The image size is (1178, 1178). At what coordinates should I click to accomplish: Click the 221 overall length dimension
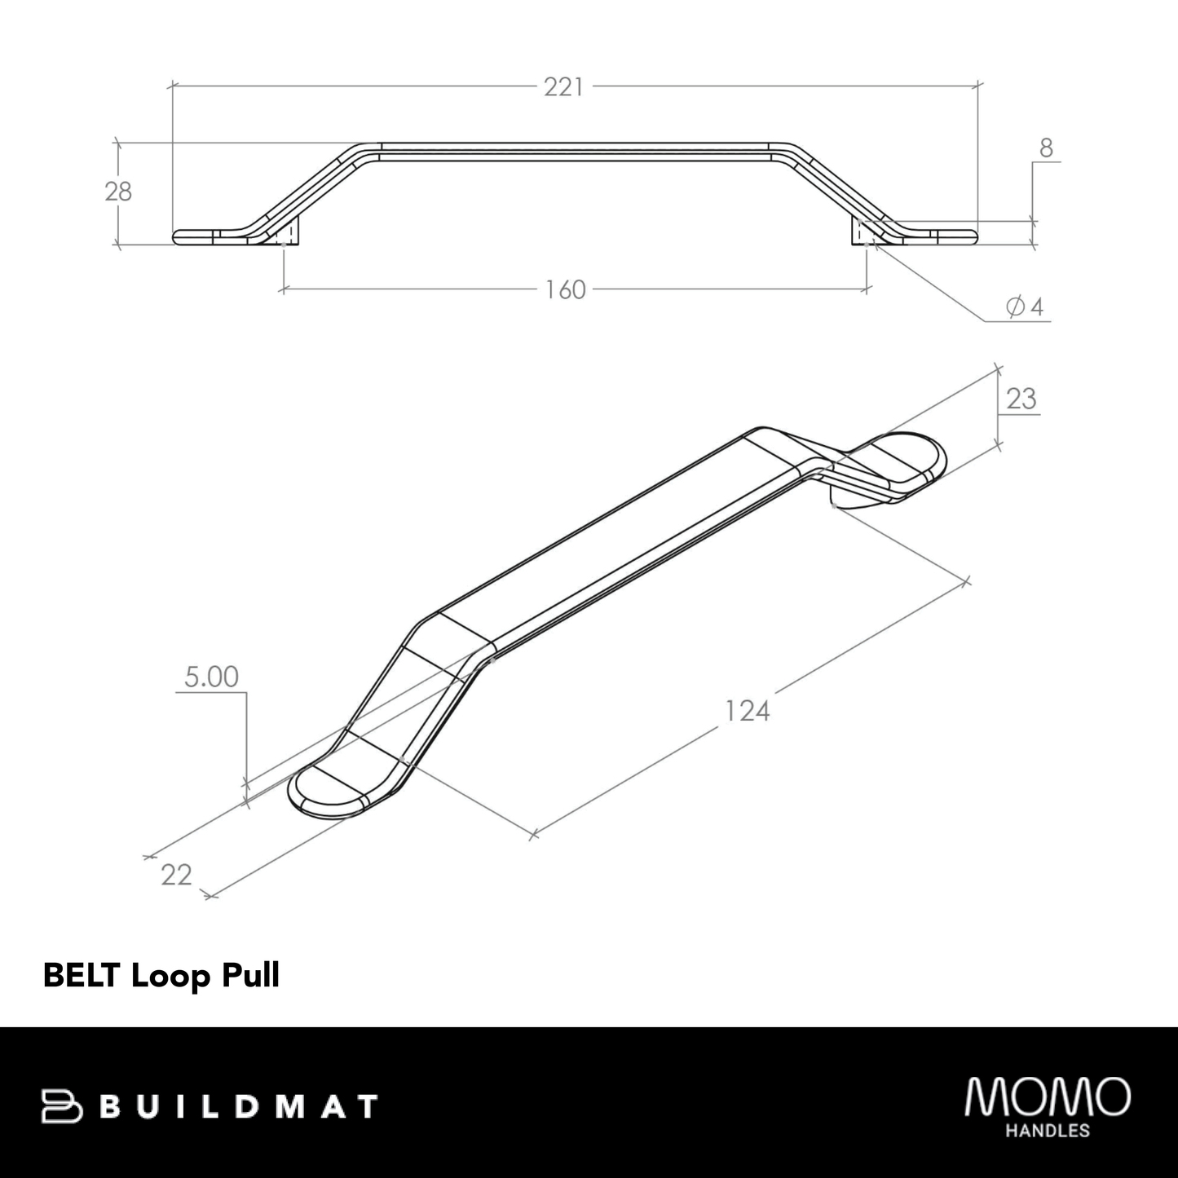(564, 86)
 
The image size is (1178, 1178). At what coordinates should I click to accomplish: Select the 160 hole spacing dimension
(566, 289)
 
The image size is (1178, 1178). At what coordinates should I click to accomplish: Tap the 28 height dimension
(118, 192)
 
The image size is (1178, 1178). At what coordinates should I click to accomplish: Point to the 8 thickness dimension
(1046, 148)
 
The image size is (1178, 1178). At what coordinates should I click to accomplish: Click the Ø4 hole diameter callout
(1025, 307)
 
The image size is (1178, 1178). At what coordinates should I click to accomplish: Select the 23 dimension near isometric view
(1021, 399)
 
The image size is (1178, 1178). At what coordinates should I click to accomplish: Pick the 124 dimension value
(747, 711)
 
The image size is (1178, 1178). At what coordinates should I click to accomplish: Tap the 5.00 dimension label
(211, 677)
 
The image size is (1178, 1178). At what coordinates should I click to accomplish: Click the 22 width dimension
(176, 875)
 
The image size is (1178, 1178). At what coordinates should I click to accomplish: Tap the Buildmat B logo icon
(62, 1106)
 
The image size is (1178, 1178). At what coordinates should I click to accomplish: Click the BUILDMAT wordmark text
(243, 1106)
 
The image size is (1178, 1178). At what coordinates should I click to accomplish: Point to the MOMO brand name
(1048, 1096)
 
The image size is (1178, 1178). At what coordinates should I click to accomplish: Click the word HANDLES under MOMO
(1048, 1131)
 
